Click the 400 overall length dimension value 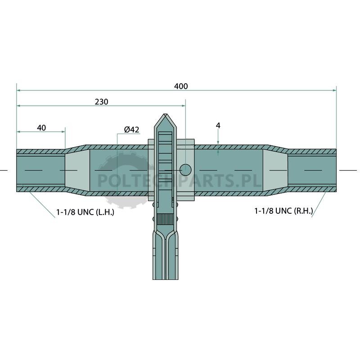(x=181, y=86)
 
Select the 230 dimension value (x=102, y=102)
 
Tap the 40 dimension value (x=41, y=128)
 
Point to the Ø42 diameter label (x=131, y=130)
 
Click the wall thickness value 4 (x=218, y=126)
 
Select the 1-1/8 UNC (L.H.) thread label (x=85, y=212)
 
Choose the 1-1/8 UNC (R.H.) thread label (x=283, y=211)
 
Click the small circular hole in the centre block (x=185, y=170)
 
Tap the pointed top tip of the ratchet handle (x=165, y=114)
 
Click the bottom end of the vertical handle (x=165, y=279)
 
